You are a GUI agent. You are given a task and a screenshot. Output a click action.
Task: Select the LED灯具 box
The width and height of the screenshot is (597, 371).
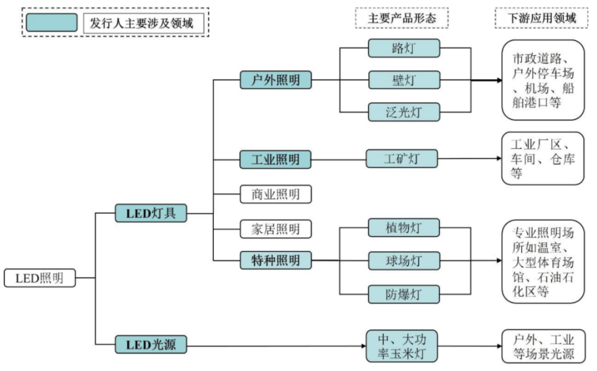tap(151, 213)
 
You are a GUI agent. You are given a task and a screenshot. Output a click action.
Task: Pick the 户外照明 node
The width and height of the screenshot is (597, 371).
tap(275, 80)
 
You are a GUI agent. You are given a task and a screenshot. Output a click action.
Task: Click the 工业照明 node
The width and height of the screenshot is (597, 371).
tap(275, 159)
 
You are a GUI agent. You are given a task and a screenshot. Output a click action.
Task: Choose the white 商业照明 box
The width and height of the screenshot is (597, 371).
tap(275, 194)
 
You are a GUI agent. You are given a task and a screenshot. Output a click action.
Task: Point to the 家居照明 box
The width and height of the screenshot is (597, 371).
tap(275, 229)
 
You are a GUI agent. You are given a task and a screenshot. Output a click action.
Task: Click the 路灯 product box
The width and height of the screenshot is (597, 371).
tap(404, 49)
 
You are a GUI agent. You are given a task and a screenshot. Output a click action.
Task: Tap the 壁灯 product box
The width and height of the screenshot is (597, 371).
tap(404, 80)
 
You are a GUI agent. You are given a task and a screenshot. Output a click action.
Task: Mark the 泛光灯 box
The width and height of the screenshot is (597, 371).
tap(404, 112)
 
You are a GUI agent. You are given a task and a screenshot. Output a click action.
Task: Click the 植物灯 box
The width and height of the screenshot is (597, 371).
tap(404, 228)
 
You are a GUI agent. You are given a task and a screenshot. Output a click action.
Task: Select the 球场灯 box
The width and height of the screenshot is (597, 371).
tap(404, 261)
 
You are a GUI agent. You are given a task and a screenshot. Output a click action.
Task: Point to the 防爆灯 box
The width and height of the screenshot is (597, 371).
tap(404, 294)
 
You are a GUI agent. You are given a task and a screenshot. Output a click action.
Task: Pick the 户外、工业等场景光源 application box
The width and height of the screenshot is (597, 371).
tap(544, 347)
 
